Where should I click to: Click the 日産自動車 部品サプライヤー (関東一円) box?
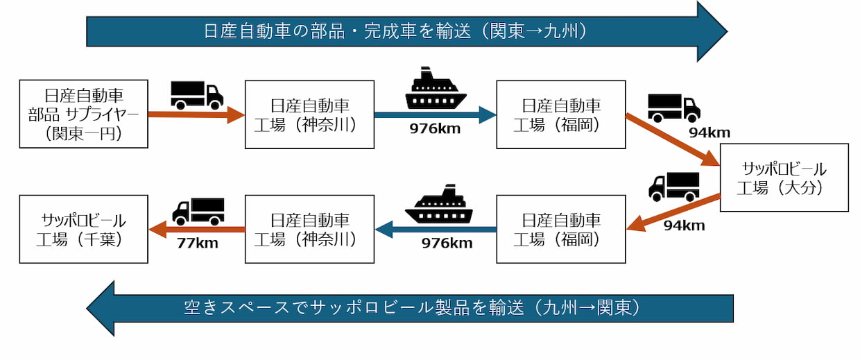point(84,114)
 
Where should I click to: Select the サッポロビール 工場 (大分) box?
point(784,178)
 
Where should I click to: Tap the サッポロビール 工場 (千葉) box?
point(84,229)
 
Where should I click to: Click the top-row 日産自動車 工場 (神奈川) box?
point(309,114)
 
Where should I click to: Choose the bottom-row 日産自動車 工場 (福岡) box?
point(560,229)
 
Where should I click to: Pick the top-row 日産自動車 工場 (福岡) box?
point(560,114)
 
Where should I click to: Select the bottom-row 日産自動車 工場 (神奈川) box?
point(309,229)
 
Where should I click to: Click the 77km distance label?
point(197,243)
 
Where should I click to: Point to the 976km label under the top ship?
point(435,129)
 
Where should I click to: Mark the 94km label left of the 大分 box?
point(684,225)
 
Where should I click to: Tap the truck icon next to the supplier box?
point(197,94)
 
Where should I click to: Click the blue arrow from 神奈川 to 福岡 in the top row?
point(435,114)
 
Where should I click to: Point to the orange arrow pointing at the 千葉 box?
point(197,229)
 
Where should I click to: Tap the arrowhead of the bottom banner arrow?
point(102,308)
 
